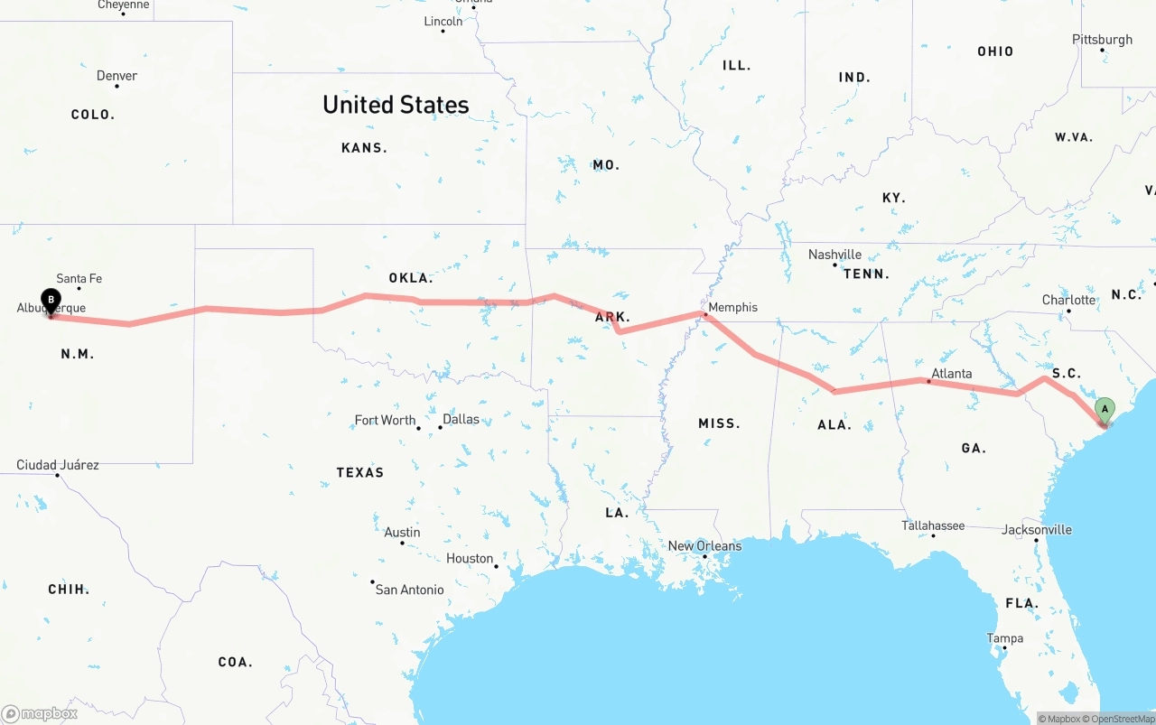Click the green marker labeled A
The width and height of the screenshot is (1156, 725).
pyautogui.click(x=1104, y=411)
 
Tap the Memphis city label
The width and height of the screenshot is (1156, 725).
pyautogui.click(x=732, y=307)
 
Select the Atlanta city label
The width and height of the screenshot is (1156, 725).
pyautogui.click(x=952, y=373)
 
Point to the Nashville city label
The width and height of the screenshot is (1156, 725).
pyautogui.click(x=834, y=255)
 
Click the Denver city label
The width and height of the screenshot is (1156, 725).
pyautogui.click(x=117, y=76)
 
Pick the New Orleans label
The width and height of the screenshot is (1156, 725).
pyautogui.click(x=704, y=545)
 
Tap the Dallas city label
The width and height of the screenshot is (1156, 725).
pyautogui.click(x=461, y=419)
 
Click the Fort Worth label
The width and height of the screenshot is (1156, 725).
pyautogui.click(x=385, y=420)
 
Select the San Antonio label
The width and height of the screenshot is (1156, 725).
pyautogui.click(x=409, y=590)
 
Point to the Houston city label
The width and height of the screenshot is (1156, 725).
pyautogui.click(x=470, y=558)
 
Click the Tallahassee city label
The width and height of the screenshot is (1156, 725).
pyautogui.click(x=933, y=525)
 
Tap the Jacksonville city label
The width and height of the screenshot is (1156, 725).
pyautogui.click(x=1037, y=529)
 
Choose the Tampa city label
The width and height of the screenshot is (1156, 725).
pyautogui.click(x=1005, y=638)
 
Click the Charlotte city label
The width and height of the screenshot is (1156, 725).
pyautogui.click(x=1068, y=300)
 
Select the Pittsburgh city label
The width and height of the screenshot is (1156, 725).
pyautogui.click(x=1102, y=40)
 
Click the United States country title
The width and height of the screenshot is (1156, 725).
pyautogui.click(x=396, y=105)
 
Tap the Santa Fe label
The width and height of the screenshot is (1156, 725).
pyautogui.click(x=79, y=279)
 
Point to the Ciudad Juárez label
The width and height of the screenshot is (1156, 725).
pyautogui.click(x=58, y=465)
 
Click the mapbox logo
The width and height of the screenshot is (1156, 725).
pyautogui.click(x=40, y=713)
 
